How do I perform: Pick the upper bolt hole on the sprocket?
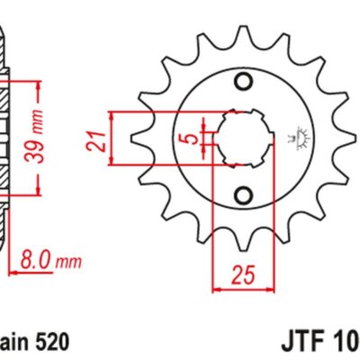(x=241, y=84)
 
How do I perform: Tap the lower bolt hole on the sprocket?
(x=241, y=193)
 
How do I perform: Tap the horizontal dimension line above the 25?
(x=241, y=290)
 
